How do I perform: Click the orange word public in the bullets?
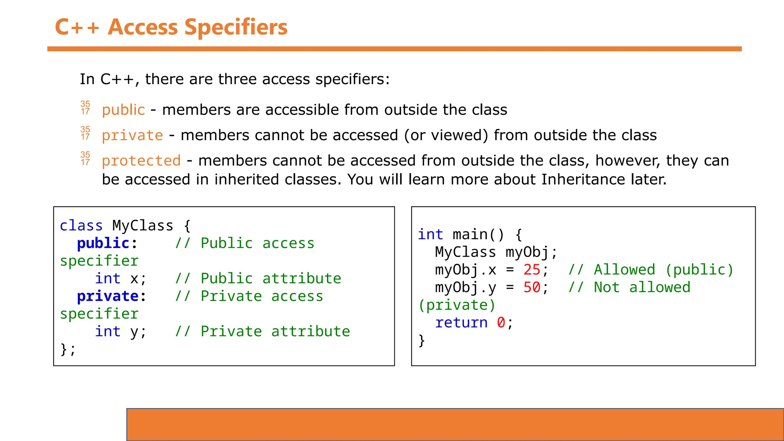[123, 110]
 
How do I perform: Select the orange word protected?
[141, 161]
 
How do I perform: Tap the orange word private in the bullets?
[132, 136]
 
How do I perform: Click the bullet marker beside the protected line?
[85, 158]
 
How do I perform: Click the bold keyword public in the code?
[103, 243]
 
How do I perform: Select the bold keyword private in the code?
[108, 296]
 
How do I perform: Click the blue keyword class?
[81, 226]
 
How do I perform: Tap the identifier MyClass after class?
[142, 226]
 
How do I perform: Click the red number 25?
[532, 270]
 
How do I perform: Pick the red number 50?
[532, 287]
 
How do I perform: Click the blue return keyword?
[461, 323]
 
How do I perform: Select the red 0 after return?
[501, 323]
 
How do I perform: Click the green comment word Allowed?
[624, 270]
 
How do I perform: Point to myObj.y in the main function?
[465, 287]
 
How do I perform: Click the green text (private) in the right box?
[457, 305]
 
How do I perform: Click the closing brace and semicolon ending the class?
[68, 349]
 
